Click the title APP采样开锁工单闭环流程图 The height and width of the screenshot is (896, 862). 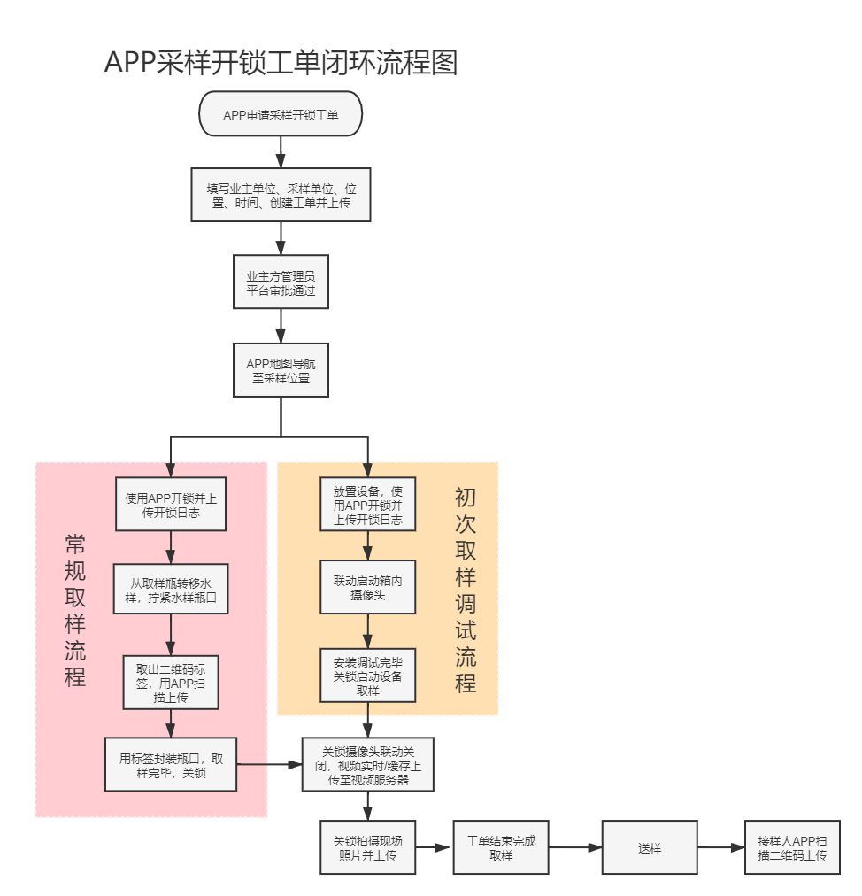pyautogui.click(x=281, y=63)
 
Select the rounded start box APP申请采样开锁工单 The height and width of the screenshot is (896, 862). pyautogui.click(x=281, y=114)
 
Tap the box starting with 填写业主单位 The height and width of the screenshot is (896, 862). pyautogui.click(x=281, y=196)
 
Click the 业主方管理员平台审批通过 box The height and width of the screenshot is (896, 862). pyautogui.click(x=281, y=282)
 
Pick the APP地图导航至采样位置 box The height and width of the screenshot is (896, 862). pyautogui.click(x=281, y=370)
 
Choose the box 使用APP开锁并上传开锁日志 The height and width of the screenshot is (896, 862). pyautogui.click(x=171, y=505)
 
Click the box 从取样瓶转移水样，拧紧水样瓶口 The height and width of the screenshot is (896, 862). pyautogui.click(x=171, y=590)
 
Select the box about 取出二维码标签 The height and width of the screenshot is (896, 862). pyautogui.click(x=171, y=682)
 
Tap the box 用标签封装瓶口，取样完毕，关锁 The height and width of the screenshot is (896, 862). pyautogui.click(x=171, y=765)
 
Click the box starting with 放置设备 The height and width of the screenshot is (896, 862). pyautogui.click(x=367, y=505)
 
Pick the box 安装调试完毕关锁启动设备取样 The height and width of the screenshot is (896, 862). pyautogui.click(x=367, y=676)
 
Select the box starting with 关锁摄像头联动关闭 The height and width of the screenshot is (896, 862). pyautogui.click(x=367, y=765)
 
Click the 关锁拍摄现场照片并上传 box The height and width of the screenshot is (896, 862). pyautogui.click(x=367, y=848)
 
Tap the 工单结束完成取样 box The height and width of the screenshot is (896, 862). pyautogui.click(x=501, y=848)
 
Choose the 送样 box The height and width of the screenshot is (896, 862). pyautogui.click(x=649, y=848)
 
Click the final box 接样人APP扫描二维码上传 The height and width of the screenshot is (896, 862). pyautogui.click(x=792, y=848)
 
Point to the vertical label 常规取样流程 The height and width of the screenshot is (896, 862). pyautogui.click(x=75, y=611)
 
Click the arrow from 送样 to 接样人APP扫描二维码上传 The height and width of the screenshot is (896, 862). pyautogui.click(x=720, y=848)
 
